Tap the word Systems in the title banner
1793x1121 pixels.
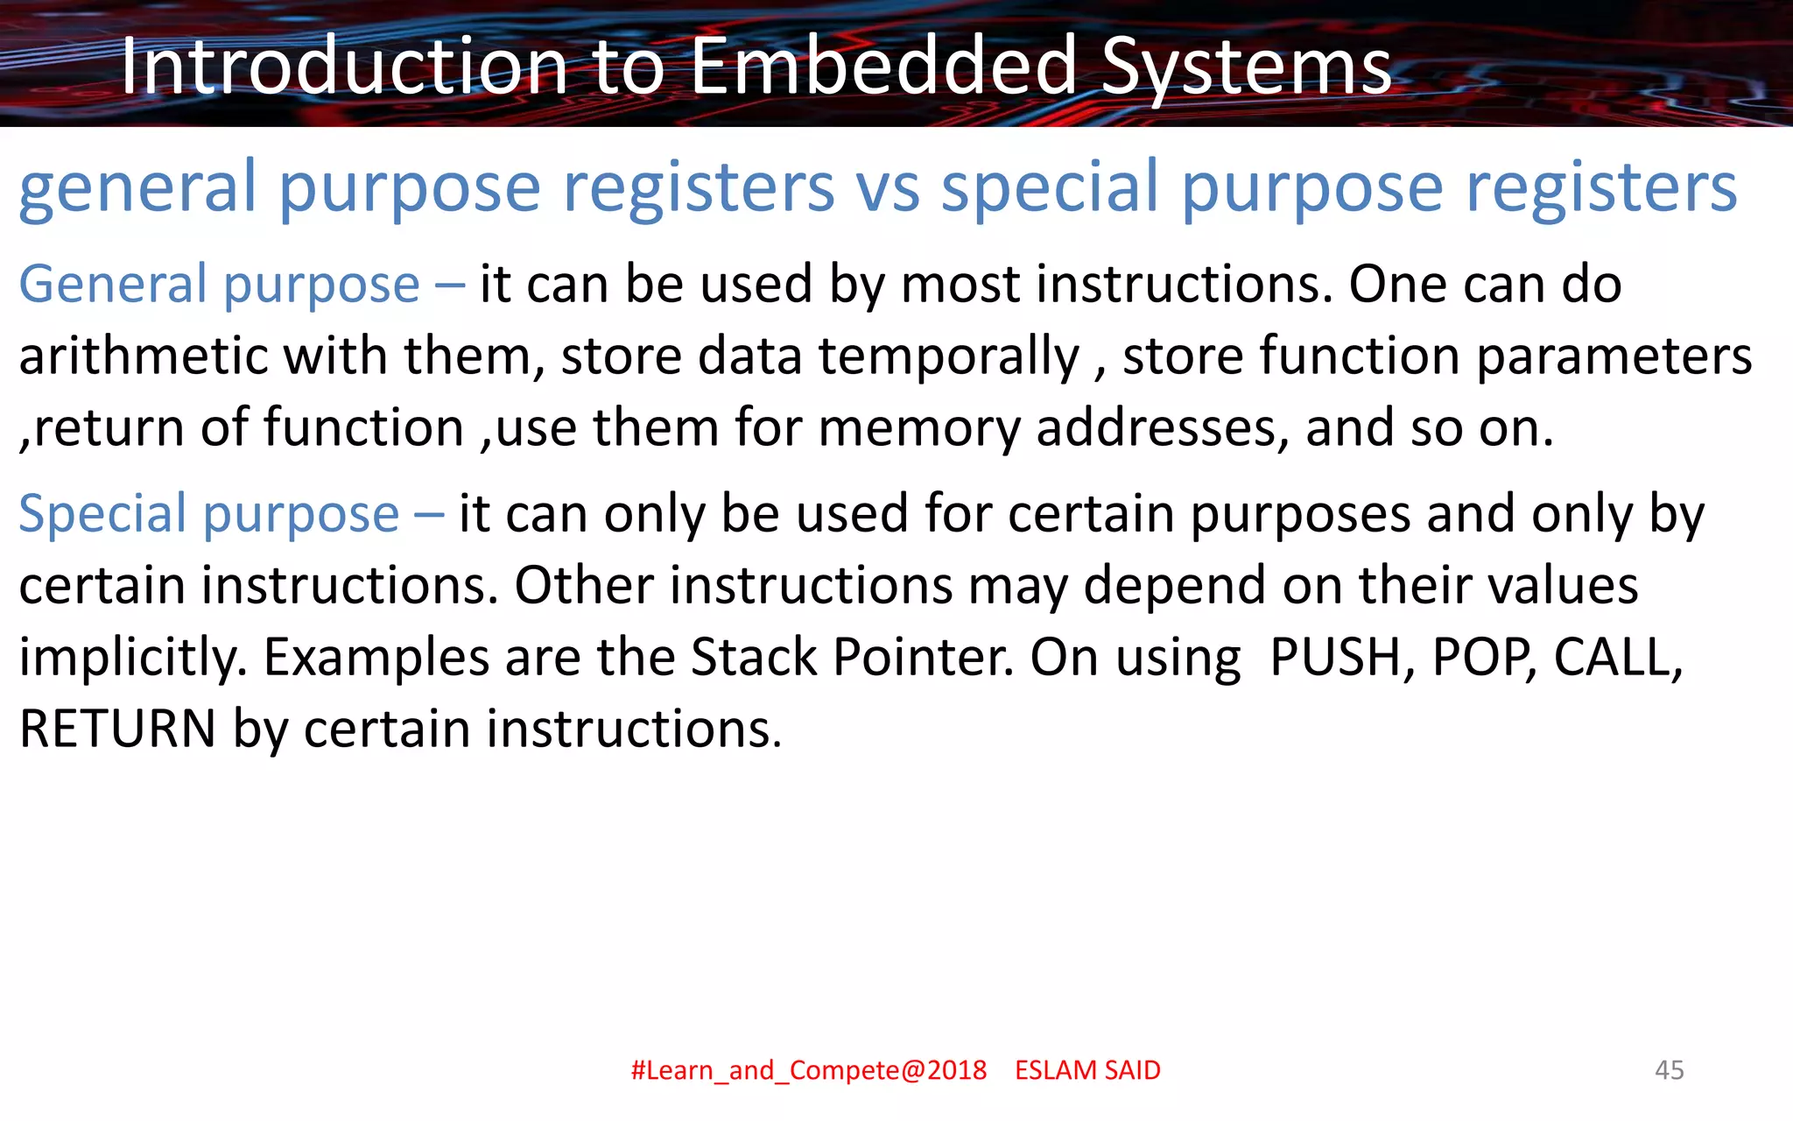1246,68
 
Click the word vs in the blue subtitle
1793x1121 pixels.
887,187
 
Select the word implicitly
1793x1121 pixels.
132,659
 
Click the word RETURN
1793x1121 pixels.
117,729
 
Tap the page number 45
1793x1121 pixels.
1669,1070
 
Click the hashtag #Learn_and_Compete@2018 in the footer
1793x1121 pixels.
808,1070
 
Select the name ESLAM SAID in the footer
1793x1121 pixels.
1087,1070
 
